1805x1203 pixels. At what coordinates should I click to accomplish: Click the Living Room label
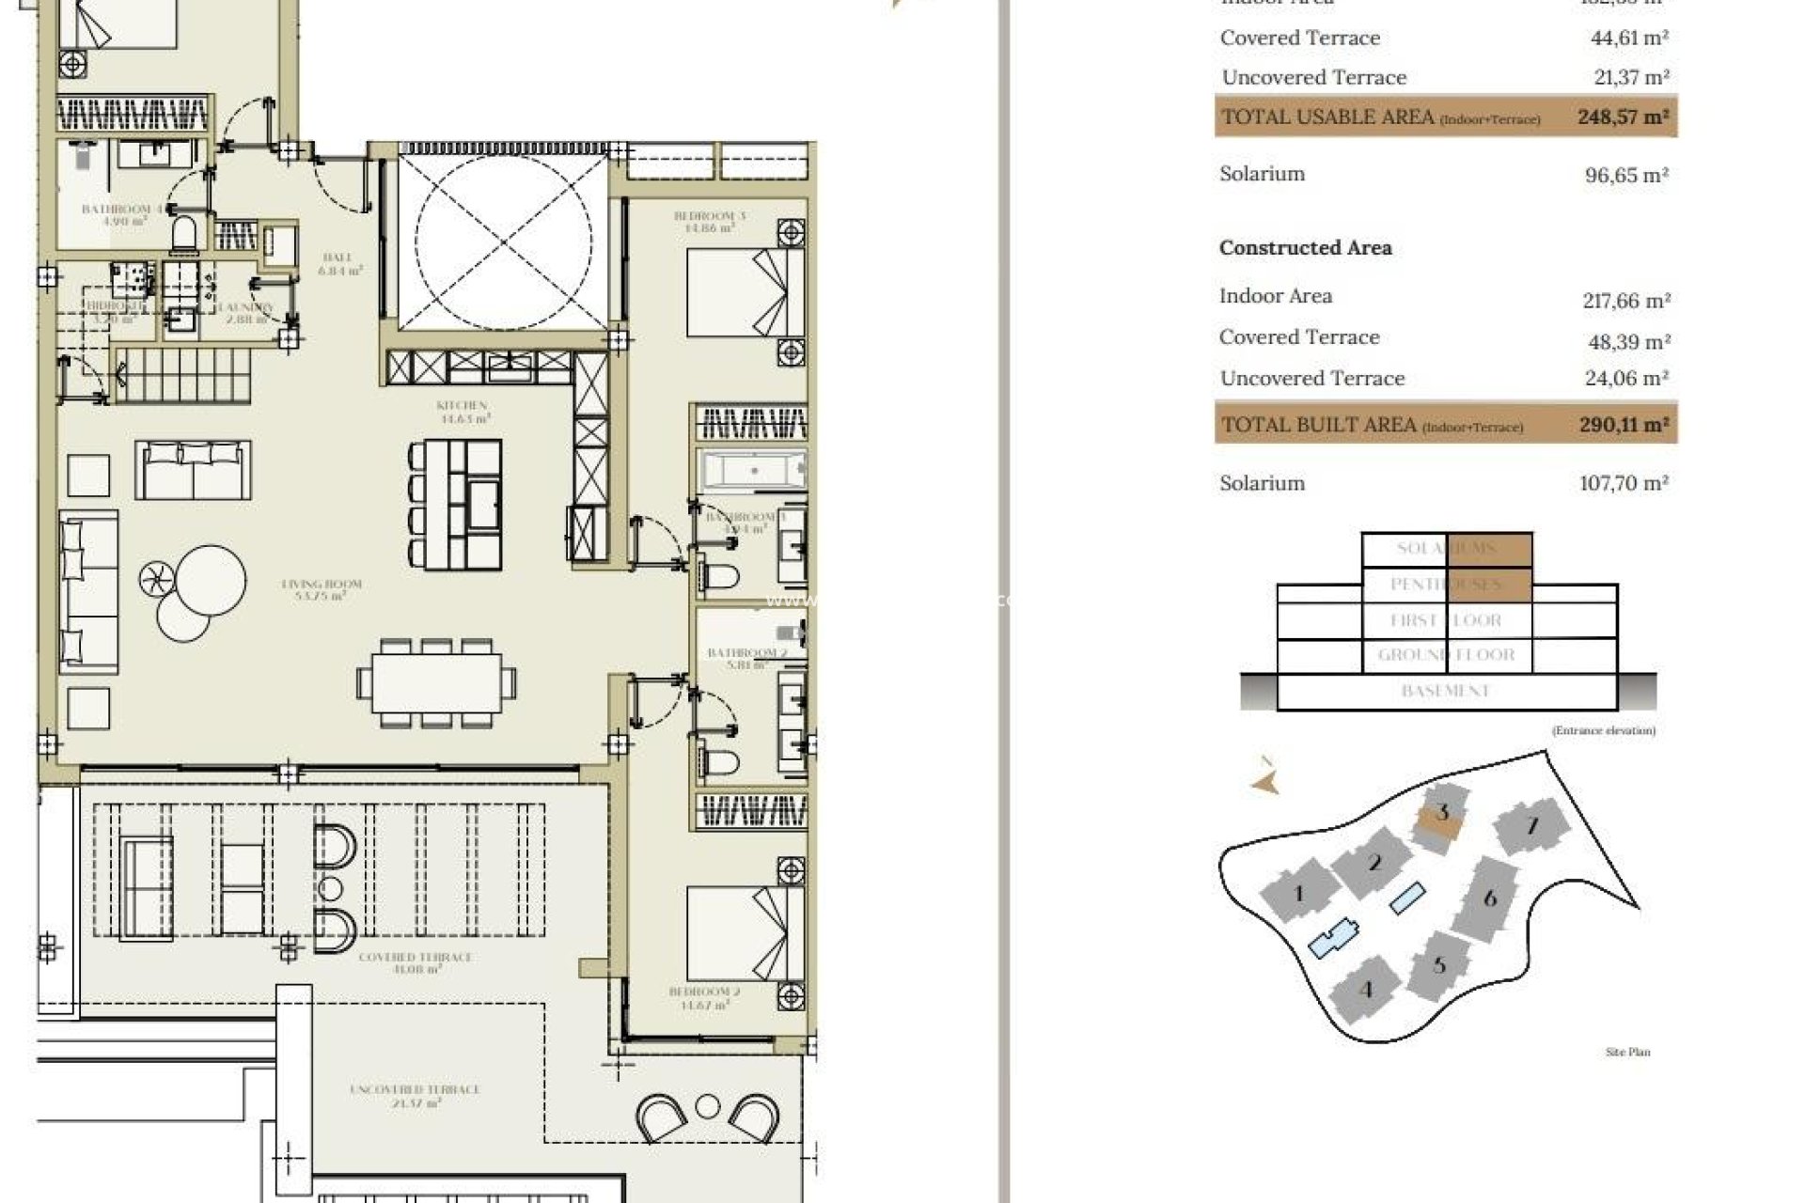tap(322, 589)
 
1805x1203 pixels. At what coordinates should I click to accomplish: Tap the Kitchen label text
tap(462, 412)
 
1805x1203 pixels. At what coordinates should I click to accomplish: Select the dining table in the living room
tap(436, 682)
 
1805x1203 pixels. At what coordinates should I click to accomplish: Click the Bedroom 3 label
tap(710, 221)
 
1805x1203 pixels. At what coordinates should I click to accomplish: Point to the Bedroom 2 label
tap(704, 998)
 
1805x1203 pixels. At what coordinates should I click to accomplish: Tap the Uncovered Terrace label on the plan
tap(415, 1095)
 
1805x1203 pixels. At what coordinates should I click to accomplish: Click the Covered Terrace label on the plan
tap(415, 962)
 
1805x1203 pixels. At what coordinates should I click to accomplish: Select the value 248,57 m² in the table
tap(1624, 117)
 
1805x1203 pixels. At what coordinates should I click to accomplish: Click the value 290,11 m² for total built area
tap(1624, 425)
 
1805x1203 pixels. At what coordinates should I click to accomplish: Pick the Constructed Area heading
tap(1305, 248)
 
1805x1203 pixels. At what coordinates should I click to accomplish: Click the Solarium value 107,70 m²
tap(1624, 483)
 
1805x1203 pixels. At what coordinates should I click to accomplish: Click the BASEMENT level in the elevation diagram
tap(1445, 691)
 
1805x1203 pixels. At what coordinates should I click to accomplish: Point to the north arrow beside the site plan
tap(1266, 780)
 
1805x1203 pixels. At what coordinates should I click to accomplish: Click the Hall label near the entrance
tap(337, 263)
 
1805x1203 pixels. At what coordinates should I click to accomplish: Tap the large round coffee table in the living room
tap(211, 579)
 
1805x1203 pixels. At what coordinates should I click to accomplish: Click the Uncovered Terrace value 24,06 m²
tap(1627, 379)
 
